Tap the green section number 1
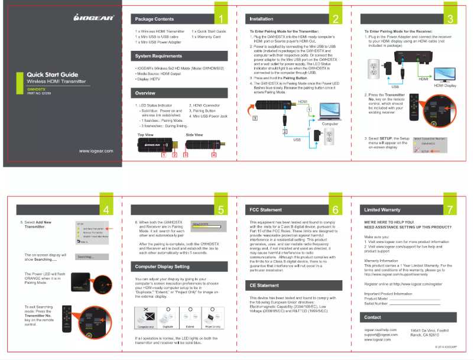click(x=220, y=18)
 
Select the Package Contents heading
click(x=154, y=20)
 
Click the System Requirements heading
click(x=158, y=56)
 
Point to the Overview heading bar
click(x=177, y=93)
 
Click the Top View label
click(x=146, y=135)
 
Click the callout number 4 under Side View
click(x=213, y=155)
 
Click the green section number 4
click(x=105, y=209)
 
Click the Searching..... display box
click(x=92, y=257)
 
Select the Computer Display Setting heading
click(x=162, y=267)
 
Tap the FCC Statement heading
click(x=266, y=209)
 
